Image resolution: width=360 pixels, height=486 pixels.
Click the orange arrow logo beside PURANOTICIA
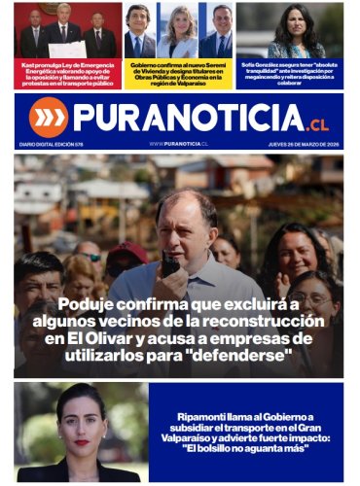[48, 117]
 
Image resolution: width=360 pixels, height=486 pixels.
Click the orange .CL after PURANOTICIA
[317, 124]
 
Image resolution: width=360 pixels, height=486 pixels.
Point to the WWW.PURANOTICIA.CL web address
[179, 143]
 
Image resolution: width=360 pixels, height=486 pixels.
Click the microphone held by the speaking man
[170, 264]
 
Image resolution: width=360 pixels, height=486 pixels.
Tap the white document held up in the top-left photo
[66, 49]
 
